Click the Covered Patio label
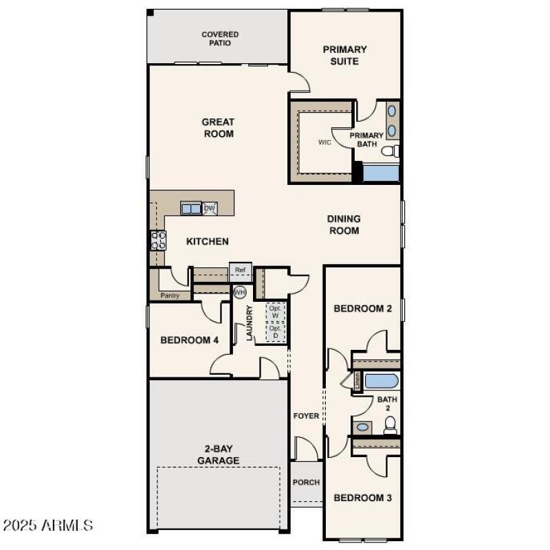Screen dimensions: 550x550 pos(220,38)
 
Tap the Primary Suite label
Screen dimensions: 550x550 pos(344,55)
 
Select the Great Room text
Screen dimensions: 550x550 pos(218,128)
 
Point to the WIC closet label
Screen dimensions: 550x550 pos(324,142)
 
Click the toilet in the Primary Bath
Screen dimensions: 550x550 pos(391,151)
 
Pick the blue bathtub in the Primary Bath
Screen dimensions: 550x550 pos(381,173)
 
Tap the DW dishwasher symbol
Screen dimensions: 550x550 pos(210,208)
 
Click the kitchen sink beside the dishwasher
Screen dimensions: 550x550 pos(190,208)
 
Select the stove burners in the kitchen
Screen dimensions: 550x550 pos(158,240)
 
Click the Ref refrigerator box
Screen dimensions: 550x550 pos(240,270)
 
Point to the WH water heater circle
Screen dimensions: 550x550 pos(240,292)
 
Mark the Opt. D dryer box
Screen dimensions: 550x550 pos(275,331)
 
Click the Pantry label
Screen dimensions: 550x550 pos(170,295)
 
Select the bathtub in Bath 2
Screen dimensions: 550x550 pos(381,380)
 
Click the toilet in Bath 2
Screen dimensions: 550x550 pos(390,426)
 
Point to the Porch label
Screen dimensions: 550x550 pos(306,482)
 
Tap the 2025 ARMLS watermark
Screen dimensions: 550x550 pos(48,526)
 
